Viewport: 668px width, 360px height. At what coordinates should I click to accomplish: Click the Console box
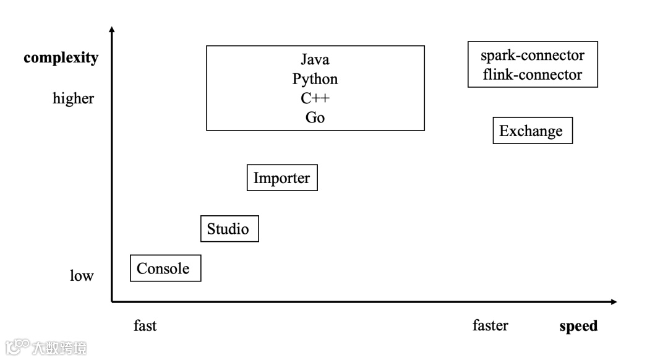point(165,268)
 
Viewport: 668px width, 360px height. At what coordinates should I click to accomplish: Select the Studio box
point(229,229)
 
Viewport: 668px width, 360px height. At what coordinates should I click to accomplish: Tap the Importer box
point(282,178)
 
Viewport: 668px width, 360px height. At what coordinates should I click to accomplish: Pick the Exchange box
point(532,131)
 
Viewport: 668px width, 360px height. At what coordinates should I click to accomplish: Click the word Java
point(315,59)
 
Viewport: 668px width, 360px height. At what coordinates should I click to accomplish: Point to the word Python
point(315,79)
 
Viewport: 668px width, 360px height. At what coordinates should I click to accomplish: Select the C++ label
point(315,98)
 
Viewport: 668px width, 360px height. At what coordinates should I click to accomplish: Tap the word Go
point(315,118)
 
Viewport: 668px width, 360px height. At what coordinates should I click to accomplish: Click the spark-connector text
point(533,55)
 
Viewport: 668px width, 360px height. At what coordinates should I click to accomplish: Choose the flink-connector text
point(533,75)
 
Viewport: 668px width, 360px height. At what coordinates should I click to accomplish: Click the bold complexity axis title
point(61,58)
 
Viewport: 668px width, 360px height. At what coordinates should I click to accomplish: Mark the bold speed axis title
point(578,326)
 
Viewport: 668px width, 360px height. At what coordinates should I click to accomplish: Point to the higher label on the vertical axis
point(74,99)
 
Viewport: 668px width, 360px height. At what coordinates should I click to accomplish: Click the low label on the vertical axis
point(81,276)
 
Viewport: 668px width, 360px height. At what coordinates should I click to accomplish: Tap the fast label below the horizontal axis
point(145,326)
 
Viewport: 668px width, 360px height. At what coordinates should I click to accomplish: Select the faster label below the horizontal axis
point(490,325)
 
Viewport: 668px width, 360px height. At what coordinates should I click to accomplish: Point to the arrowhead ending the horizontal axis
point(614,302)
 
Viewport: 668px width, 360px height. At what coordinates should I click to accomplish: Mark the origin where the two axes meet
point(112,302)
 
